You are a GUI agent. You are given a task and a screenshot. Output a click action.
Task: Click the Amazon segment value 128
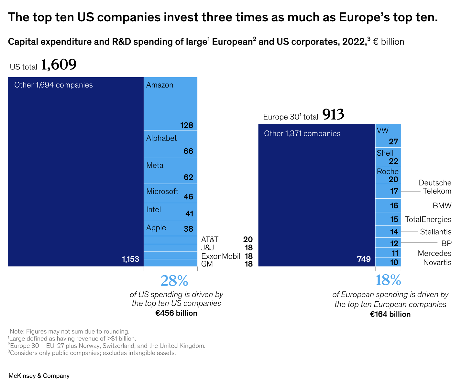pyautogui.click(x=187, y=125)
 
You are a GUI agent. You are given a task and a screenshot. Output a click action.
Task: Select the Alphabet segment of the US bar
pyautogui.click(x=170, y=144)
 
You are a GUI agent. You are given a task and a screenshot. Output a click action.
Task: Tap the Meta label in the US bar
pyautogui.click(x=155, y=165)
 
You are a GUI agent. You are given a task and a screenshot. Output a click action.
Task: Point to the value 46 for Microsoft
pyautogui.click(x=188, y=196)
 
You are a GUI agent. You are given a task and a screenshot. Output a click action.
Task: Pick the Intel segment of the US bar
pyautogui.click(x=170, y=212)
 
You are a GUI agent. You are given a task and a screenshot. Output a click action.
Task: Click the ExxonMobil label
pyautogui.click(x=221, y=256)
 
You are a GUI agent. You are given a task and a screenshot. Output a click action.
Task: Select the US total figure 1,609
pyautogui.click(x=59, y=65)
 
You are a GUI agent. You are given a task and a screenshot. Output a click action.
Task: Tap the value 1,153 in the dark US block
pyautogui.click(x=130, y=259)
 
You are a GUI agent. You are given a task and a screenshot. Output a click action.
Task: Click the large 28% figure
pyautogui.click(x=174, y=281)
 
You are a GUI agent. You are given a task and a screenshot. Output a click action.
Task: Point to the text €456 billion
pyautogui.click(x=176, y=313)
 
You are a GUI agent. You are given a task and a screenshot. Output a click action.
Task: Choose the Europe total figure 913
pyautogui.click(x=333, y=115)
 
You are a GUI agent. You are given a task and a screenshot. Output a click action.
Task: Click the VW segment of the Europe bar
pyautogui.click(x=388, y=136)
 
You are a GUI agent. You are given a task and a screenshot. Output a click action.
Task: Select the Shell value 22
pyautogui.click(x=393, y=161)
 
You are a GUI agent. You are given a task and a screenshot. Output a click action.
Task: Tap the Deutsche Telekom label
pyautogui.click(x=435, y=187)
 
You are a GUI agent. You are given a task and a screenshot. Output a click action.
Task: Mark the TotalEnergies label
pyautogui.click(x=428, y=219)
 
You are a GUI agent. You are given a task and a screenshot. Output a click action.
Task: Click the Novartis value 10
pyautogui.click(x=394, y=262)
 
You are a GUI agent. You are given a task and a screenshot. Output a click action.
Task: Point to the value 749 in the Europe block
pyautogui.click(x=364, y=259)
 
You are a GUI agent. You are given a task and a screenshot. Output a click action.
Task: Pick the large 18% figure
pyautogui.click(x=388, y=281)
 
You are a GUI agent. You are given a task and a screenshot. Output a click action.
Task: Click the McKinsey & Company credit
pyautogui.click(x=39, y=376)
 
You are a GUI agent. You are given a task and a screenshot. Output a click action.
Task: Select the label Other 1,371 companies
pyautogui.click(x=302, y=133)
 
